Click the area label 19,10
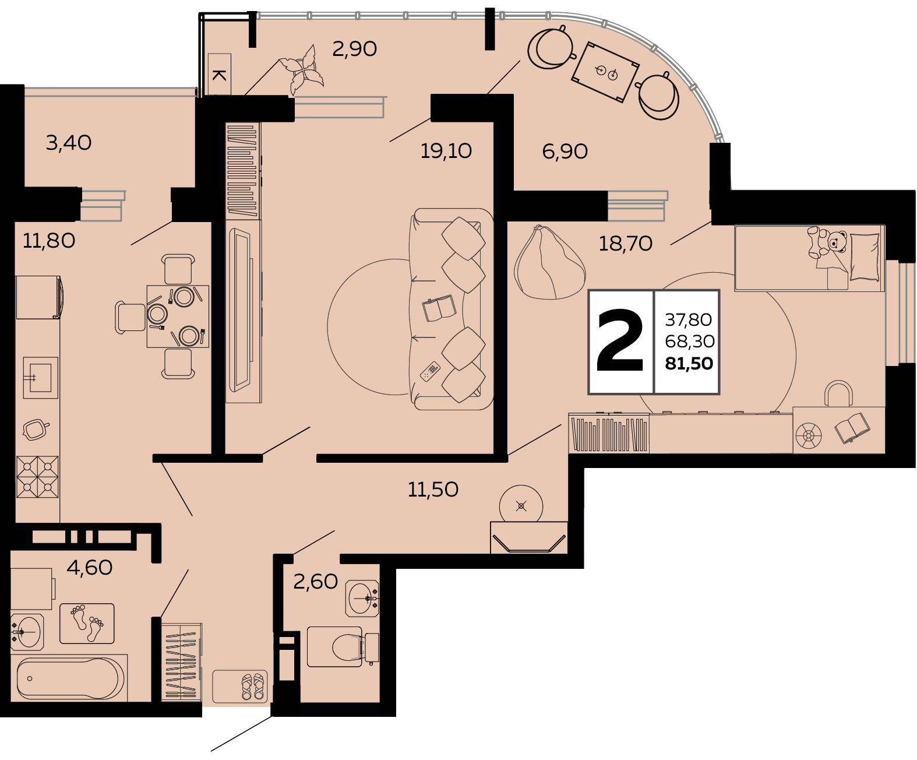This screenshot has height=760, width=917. point(446,151)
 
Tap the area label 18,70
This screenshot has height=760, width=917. point(625,244)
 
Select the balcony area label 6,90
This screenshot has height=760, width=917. point(565,152)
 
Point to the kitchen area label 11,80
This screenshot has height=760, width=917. point(49,241)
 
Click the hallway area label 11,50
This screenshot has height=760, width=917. point(433,490)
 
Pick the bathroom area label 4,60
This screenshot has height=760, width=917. point(90,568)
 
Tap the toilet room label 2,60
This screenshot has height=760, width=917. point(315,582)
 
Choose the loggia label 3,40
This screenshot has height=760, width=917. point(69,143)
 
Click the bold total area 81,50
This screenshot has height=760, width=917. point(689,364)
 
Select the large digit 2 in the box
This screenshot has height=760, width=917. point(620,340)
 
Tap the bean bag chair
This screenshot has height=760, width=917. point(549,263)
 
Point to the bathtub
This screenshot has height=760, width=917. point(70,679)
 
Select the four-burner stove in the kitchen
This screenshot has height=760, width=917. point(37,477)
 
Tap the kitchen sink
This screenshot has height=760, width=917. point(40,378)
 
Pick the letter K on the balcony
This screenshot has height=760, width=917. point(219,75)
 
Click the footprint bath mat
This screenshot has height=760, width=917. point(87,624)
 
